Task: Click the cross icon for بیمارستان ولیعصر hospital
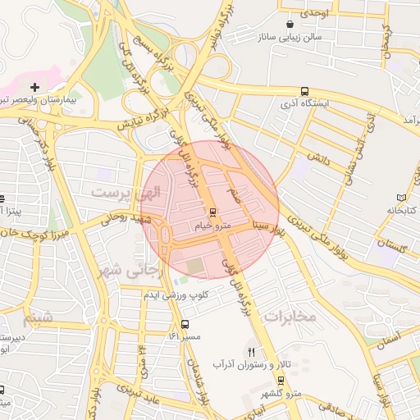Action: (x=34, y=86)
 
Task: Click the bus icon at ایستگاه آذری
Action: (x=305, y=91)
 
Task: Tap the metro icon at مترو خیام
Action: (x=213, y=210)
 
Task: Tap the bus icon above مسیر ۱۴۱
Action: (x=185, y=324)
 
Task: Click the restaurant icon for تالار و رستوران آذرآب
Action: (x=240, y=350)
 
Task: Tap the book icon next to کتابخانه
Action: (x=401, y=198)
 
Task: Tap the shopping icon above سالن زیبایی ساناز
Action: (x=294, y=24)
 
